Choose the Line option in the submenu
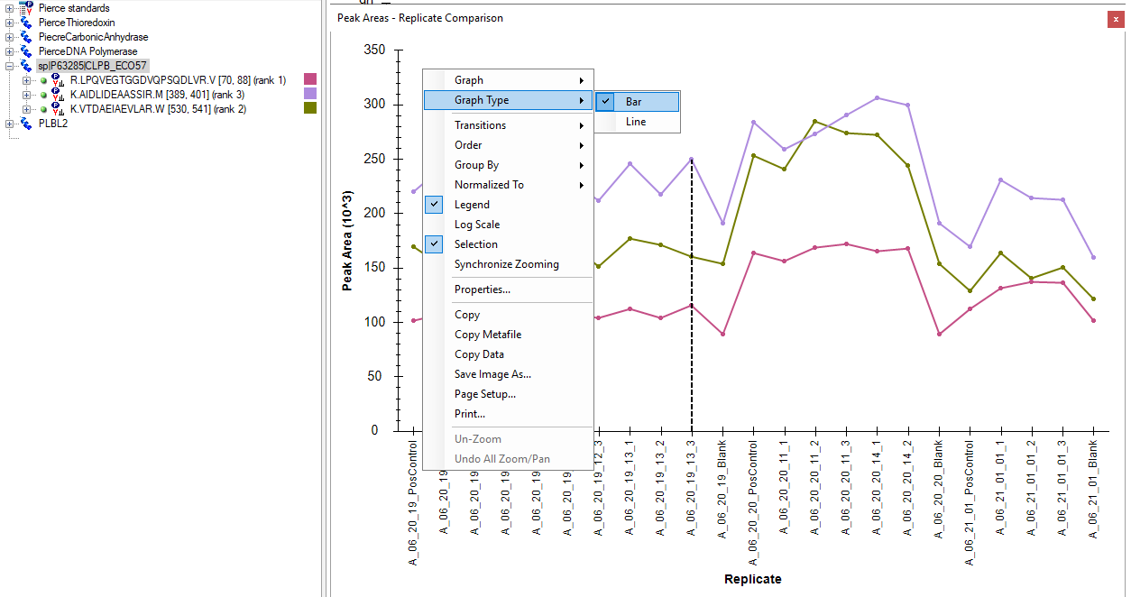click(x=636, y=122)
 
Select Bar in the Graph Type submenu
click(x=633, y=102)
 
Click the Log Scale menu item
click(x=476, y=225)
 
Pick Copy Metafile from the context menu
click(x=487, y=335)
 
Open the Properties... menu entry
click(x=482, y=289)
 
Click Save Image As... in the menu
click(x=492, y=374)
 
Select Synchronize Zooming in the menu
click(x=506, y=264)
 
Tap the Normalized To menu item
click(x=489, y=185)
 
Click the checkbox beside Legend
click(x=436, y=205)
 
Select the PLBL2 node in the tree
click(x=53, y=124)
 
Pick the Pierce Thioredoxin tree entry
click(x=77, y=23)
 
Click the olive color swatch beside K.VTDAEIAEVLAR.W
click(x=310, y=108)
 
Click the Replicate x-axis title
click(x=752, y=579)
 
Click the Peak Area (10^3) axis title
click(x=347, y=241)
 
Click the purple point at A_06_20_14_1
click(x=877, y=97)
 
